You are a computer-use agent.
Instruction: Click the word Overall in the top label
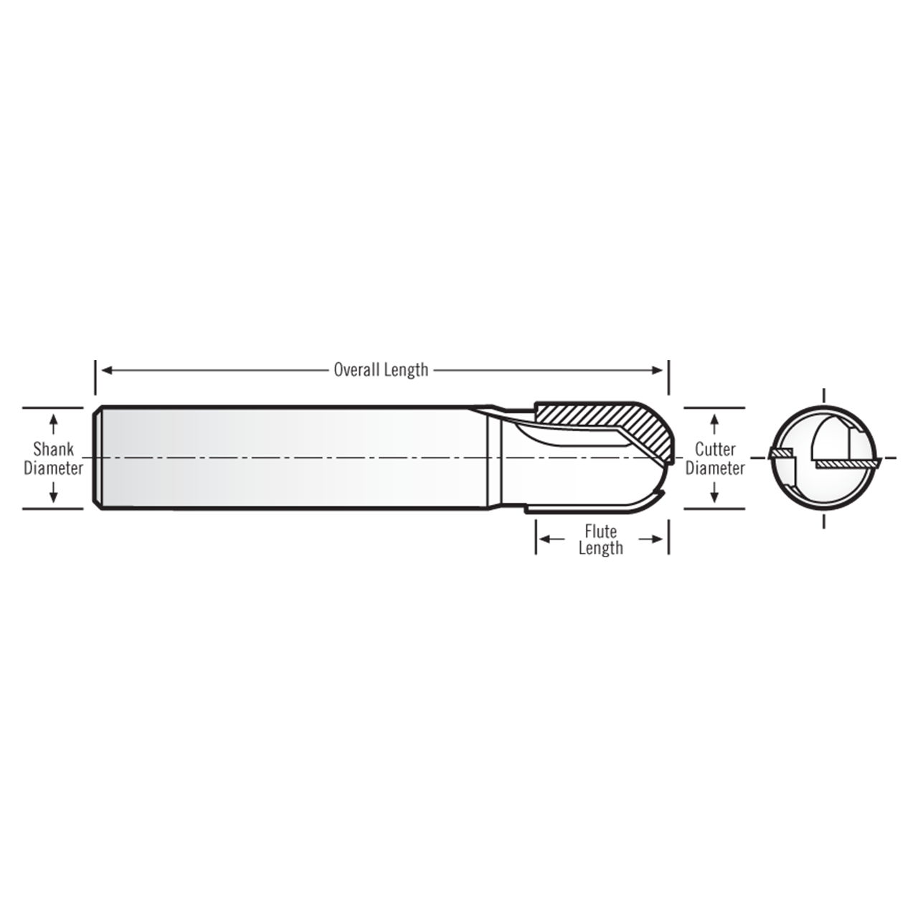click(x=356, y=370)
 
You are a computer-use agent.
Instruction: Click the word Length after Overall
click(x=406, y=370)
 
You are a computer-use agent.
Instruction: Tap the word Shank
click(x=53, y=450)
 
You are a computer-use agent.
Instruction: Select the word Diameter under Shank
click(x=53, y=468)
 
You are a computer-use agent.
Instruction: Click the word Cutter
click(x=715, y=450)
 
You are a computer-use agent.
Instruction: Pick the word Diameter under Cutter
click(x=715, y=468)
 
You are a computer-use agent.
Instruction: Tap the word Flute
click(x=600, y=531)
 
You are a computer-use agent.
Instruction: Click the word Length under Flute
click(x=600, y=549)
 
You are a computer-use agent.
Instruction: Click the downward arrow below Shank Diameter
click(x=53, y=495)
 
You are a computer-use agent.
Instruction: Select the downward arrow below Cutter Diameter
click(x=714, y=495)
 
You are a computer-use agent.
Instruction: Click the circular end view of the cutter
click(x=823, y=458)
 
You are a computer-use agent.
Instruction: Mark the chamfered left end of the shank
click(x=98, y=458)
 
